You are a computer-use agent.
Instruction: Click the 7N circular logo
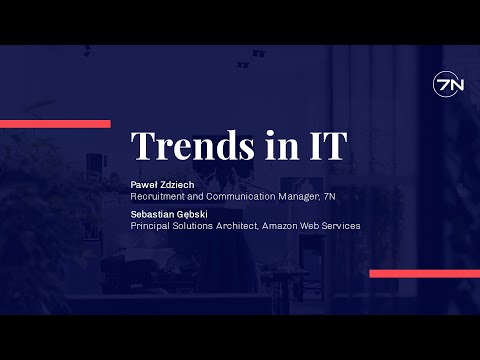(448, 86)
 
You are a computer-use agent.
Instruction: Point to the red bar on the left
(55, 124)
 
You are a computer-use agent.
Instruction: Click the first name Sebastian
(154, 215)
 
